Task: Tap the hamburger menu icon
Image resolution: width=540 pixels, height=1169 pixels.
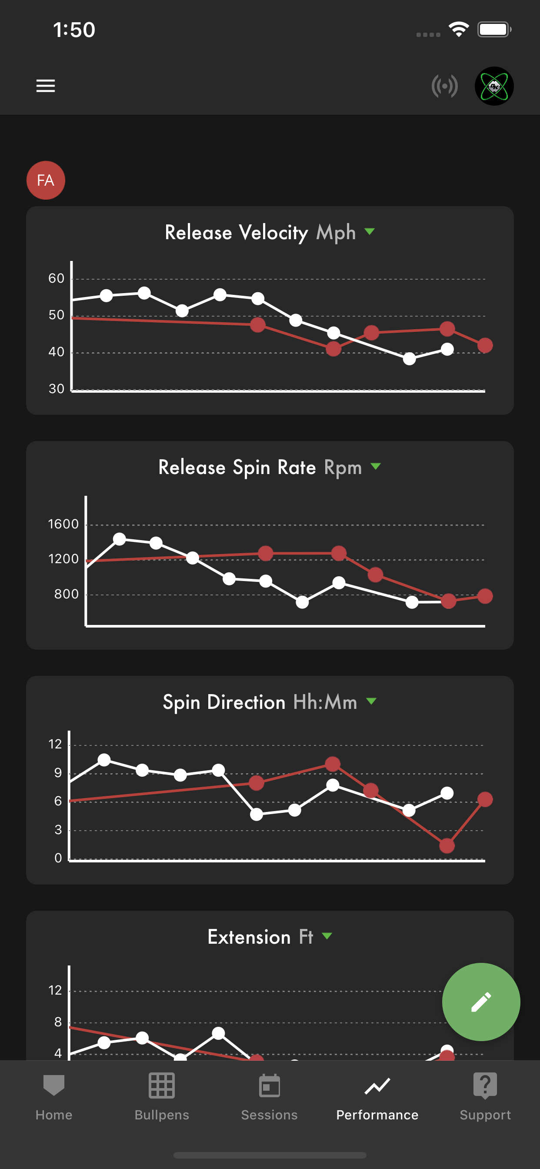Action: tap(45, 86)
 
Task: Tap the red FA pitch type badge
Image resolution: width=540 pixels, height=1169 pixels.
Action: tap(46, 180)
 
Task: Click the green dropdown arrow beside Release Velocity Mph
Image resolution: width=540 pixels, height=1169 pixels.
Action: tap(370, 232)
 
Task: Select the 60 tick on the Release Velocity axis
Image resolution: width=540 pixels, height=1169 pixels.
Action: tap(56, 278)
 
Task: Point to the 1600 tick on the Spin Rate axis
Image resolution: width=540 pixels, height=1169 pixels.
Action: tap(63, 524)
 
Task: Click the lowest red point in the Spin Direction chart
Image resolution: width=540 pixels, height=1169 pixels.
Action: tap(447, 845)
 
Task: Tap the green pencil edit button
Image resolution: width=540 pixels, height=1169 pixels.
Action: tap(481, 1002)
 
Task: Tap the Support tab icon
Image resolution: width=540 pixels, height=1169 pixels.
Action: tap(485, 1085)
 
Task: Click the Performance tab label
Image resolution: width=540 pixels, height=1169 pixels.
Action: tap(377, 1115)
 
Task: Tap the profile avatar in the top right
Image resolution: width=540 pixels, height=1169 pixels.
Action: tap(494, 86)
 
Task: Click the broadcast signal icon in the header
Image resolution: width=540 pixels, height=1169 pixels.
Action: tap(445, 86)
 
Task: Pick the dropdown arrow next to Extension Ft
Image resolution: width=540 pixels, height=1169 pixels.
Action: tap(327, 936)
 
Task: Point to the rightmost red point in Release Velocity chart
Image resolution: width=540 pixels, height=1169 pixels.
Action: tap(485, 345)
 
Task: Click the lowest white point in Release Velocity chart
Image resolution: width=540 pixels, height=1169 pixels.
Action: tap(409, 358)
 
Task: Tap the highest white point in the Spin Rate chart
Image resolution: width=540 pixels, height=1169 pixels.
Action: tap(119, 539)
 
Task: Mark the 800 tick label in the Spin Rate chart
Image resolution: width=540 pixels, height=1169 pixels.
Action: tap(66, 594)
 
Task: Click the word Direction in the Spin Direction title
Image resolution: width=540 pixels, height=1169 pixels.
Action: tap(246, 702)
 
